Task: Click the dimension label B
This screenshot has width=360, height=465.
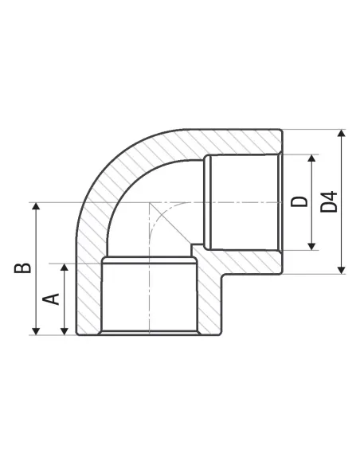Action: pyautogui.click(x=23, y=268)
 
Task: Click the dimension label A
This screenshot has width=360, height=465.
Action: pyautogui.click(x=51, y=299)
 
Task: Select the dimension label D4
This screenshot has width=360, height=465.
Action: pyautogui.click(x=329, y=201)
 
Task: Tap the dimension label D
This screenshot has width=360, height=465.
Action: pyautogui.click(x=299, y=201)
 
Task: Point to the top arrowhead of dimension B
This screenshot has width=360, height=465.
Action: pyautogui.click(x=36, y=206)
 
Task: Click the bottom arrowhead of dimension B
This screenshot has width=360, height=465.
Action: pyautogui.click(x=36, y=331)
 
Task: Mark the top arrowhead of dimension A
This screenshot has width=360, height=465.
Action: pyautogui.click(x=65, y=267)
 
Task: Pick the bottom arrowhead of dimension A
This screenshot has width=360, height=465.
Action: pyautogui.click(x=65, y=331)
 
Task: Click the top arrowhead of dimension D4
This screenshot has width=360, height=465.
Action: pyautogui.click(x=342, y=133)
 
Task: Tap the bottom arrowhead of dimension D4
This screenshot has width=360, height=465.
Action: pyautogui.click(x=342, y=270)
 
